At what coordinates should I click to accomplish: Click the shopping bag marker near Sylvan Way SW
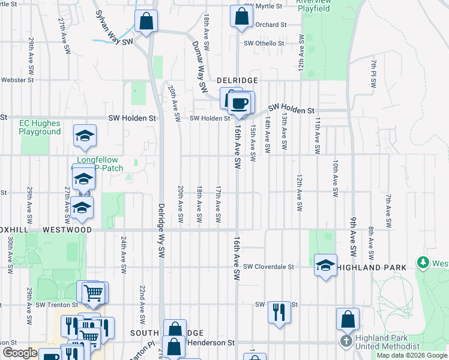point(146,22)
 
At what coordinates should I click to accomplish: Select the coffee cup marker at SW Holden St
point(240,102)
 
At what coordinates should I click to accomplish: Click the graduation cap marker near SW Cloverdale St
point(325,265)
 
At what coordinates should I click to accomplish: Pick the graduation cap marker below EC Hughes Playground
point(85,137)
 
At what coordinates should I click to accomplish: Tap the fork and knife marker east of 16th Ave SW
point(279,311)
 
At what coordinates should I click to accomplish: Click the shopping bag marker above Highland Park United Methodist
point(348,319)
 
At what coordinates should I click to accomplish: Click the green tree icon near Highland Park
point(424,263)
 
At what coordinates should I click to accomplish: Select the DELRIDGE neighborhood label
point(237,80)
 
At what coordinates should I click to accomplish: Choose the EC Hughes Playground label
point(40,127)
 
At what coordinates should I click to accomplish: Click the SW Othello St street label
point(264,43)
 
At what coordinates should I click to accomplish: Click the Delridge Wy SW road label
point(161,221)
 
